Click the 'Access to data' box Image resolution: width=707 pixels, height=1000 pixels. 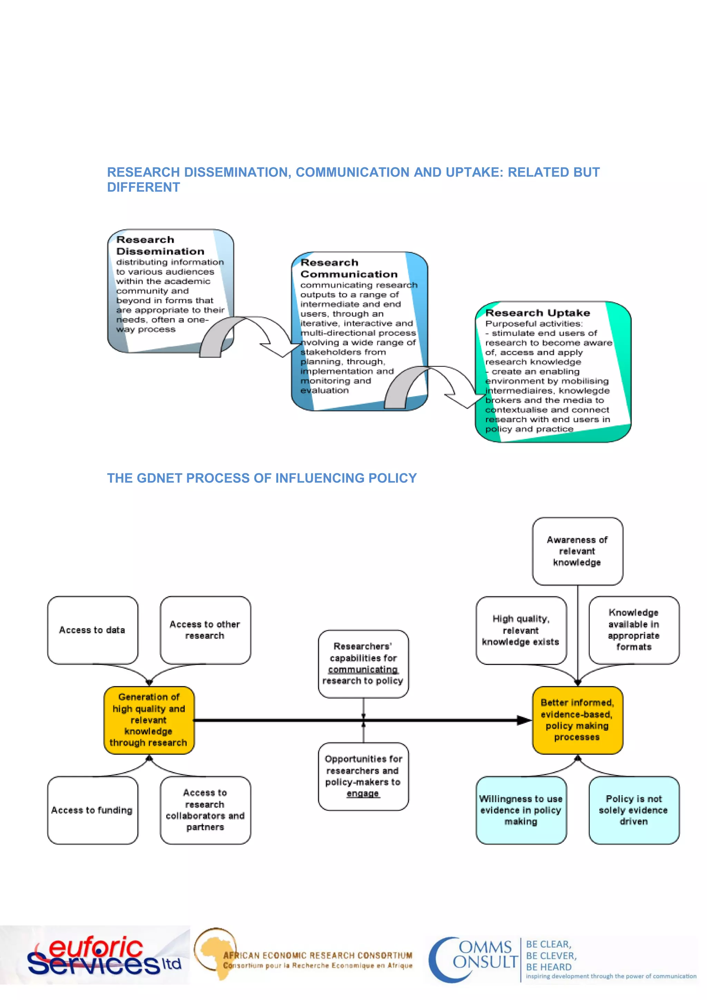coord(93,630)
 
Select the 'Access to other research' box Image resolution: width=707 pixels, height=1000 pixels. coord(205,630)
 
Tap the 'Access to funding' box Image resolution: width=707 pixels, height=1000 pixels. coord(93,810)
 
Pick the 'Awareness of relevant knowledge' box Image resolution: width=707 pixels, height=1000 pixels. coord(577,551)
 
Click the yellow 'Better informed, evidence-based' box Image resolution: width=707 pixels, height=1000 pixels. coord(577,720)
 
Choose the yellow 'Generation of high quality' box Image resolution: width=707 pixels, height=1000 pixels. coord(149,720)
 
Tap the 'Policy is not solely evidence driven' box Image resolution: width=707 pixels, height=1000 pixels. coord(634,810)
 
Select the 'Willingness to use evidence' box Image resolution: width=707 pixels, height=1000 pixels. coord(521,810)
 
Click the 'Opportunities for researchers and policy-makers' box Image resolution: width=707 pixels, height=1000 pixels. coord(363,776)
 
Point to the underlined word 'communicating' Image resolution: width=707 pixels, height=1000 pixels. coord(363,669)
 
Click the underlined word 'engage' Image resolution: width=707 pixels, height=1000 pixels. coord(363,794)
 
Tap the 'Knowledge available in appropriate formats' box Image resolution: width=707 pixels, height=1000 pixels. coord(634,630)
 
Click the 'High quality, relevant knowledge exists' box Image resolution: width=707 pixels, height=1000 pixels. coord(521,630)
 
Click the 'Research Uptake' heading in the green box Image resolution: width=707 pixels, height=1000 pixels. coord(537,313)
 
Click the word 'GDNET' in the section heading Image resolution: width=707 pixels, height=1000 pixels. coord(161,478)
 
